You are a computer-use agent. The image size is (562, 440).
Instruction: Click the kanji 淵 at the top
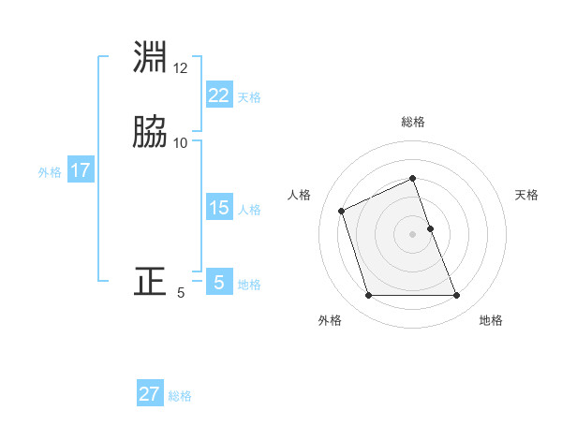point(151,58)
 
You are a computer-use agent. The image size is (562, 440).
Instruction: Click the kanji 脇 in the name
point(151,132)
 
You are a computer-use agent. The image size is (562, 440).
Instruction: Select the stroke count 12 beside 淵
point(181,69)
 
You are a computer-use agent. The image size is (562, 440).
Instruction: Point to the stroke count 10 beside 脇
point(181,143)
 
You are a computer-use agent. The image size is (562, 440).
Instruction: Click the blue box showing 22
point(218,95)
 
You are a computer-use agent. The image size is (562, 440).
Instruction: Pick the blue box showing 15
point(218,209)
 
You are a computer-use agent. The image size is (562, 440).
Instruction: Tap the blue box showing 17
point(80,171)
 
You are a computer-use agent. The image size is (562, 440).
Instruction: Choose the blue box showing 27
point(150,394)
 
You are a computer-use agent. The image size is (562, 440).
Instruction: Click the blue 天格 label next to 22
point(249,96)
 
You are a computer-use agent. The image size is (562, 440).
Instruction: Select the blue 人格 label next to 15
point(249,210)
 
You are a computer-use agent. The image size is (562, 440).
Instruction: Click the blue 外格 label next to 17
point(50,172)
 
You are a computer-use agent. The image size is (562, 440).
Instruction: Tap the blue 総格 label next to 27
point(180,395)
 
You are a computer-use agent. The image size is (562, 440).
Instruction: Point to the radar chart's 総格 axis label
point(413,122)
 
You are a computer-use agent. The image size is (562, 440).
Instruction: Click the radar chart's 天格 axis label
point(526,195)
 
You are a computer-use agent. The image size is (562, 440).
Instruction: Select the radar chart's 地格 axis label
point(491,320)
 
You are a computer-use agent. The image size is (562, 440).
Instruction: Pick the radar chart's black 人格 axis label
point(300,195)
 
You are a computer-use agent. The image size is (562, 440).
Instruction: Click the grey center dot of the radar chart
point(413,233)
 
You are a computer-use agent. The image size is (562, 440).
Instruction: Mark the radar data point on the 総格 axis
point(413,178)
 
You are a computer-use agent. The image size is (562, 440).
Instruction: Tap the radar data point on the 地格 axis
point(457,296)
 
